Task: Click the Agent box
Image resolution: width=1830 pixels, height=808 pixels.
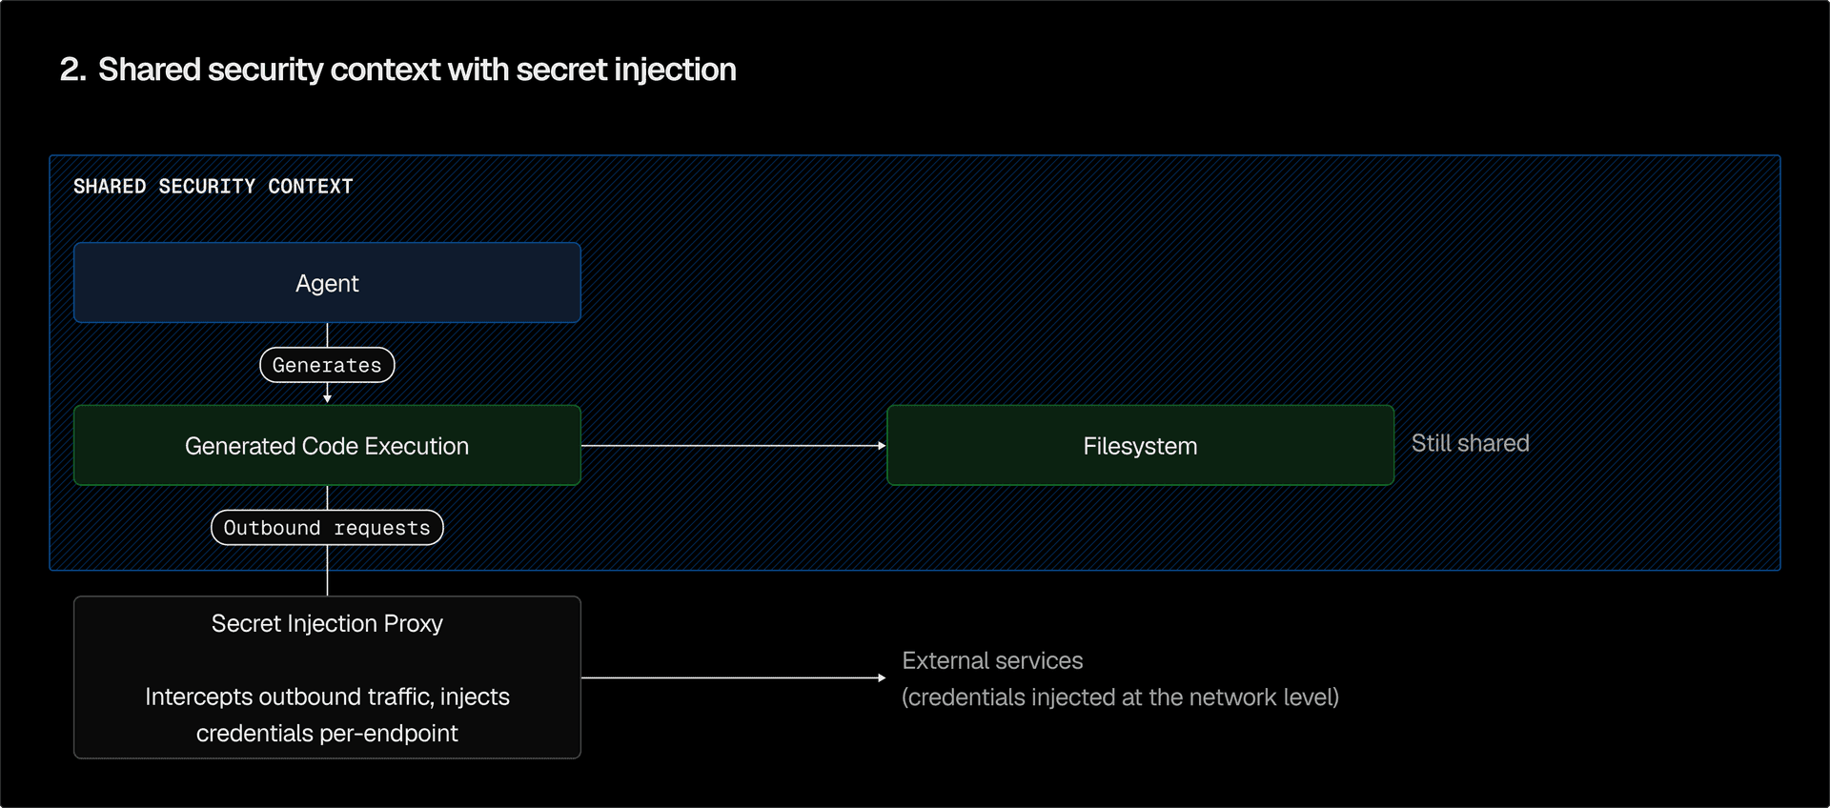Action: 327,283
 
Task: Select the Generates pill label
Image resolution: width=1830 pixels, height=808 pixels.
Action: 327,365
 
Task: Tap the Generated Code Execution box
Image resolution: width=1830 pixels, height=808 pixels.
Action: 327,446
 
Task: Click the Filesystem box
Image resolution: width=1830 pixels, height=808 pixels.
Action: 1140,446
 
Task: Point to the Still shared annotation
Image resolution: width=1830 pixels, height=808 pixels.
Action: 1470,443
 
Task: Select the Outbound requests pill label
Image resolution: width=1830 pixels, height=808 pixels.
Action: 327,528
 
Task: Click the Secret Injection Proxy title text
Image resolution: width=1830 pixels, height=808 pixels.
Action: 327,623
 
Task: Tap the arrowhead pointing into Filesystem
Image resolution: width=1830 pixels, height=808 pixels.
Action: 882,445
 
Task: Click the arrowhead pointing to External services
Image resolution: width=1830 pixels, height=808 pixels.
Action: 882,677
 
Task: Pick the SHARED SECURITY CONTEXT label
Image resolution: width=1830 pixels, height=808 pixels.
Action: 213,187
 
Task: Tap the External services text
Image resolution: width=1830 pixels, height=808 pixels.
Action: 992,660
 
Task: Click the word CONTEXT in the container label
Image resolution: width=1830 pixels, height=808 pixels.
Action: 310,187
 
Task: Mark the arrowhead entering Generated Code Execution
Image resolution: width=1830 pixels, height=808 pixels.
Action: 327,397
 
